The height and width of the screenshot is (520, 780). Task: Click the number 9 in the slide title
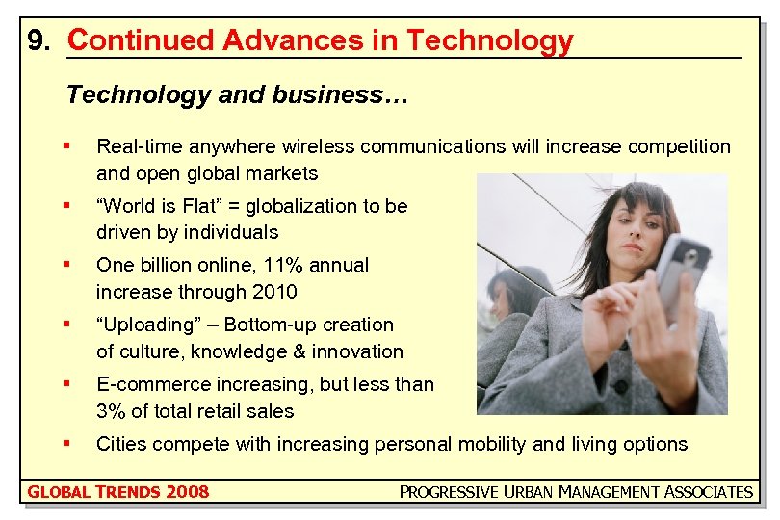(x=37, y=41)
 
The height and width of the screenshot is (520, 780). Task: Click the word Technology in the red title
(x=489, y=41)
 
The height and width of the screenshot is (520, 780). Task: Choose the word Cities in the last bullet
(x=122, y=444)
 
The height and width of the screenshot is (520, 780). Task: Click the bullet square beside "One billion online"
(x=65, y=264)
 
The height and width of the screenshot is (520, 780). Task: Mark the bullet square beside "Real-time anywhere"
(x=65, y=146)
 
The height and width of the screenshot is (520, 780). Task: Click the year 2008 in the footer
(x=187, y=492)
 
